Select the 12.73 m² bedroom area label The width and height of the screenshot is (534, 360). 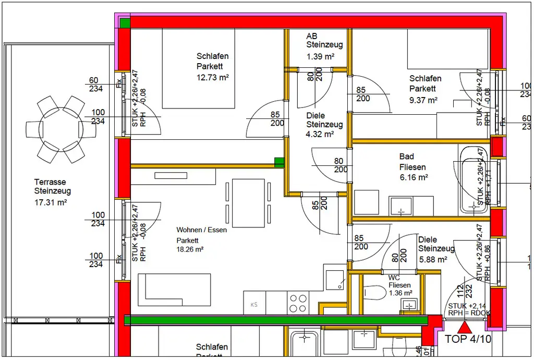[x=213, y=77]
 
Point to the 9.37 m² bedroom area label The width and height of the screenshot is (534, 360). [x=423, y=100]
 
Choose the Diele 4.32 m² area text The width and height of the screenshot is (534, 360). [x=320, y=134]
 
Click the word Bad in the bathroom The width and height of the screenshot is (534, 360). [x=407, y=157]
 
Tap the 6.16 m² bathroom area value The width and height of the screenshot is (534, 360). [x=414, y=177]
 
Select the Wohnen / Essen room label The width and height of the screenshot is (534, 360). [x=201, y=230]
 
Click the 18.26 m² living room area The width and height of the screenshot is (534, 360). [x=190, y=249]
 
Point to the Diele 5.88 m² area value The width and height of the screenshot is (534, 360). [x=432, y=259]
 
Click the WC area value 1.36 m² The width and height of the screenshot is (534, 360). [x=400, y=293]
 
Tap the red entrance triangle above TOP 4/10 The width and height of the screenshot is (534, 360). [x=464, y=328]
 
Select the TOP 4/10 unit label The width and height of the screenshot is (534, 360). [x=468, y=339]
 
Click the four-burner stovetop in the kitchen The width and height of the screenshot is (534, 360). [x=298, y=303]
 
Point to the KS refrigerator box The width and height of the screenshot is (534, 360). [x=254, y=304]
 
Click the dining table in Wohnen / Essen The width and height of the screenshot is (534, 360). [x=248, y=203]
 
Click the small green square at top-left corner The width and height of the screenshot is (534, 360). [x=125, y=23]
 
